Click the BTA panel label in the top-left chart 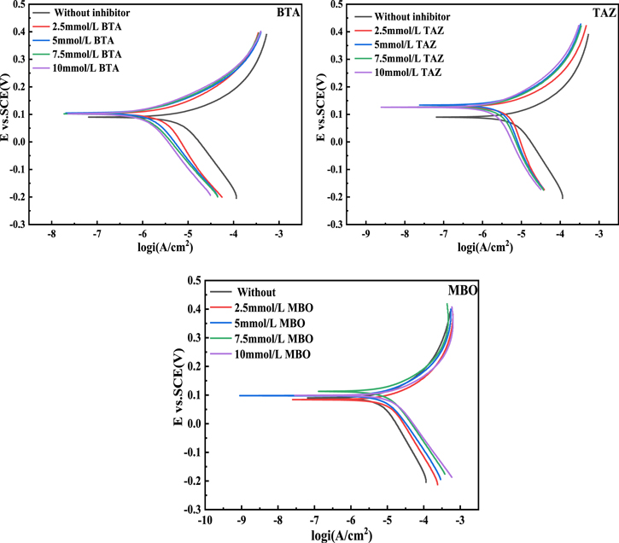tap(287, 15)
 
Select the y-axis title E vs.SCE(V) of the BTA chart tap(8, 114)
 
